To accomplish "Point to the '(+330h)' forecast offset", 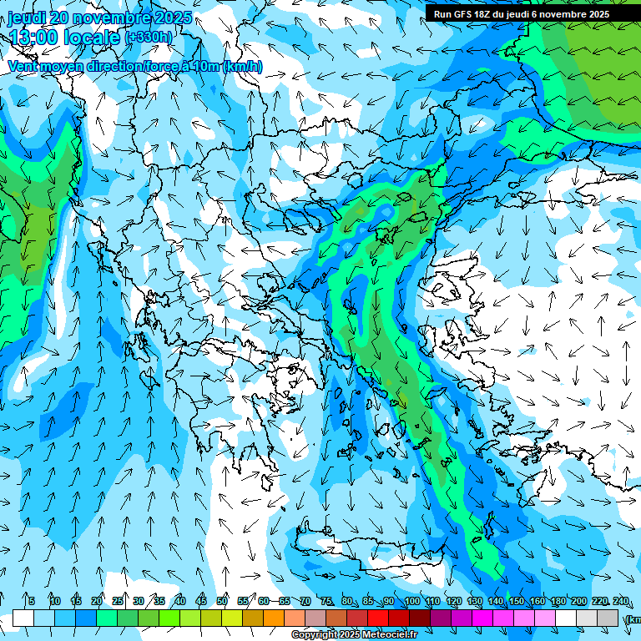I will pos(150,38).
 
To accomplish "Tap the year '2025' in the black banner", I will pos(620,14).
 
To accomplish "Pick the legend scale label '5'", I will pos(32,601).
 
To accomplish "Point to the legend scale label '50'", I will pos(222,601).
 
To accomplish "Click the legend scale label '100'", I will pos(411,601).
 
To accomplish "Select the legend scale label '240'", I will pos(620,601).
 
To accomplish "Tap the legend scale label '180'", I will pos(558,601).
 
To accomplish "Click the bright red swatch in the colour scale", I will pos(378,618).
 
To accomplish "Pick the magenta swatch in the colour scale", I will pos(482,618).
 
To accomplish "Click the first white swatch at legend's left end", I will pos(23,618).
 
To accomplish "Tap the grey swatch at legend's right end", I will pos(608,618).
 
